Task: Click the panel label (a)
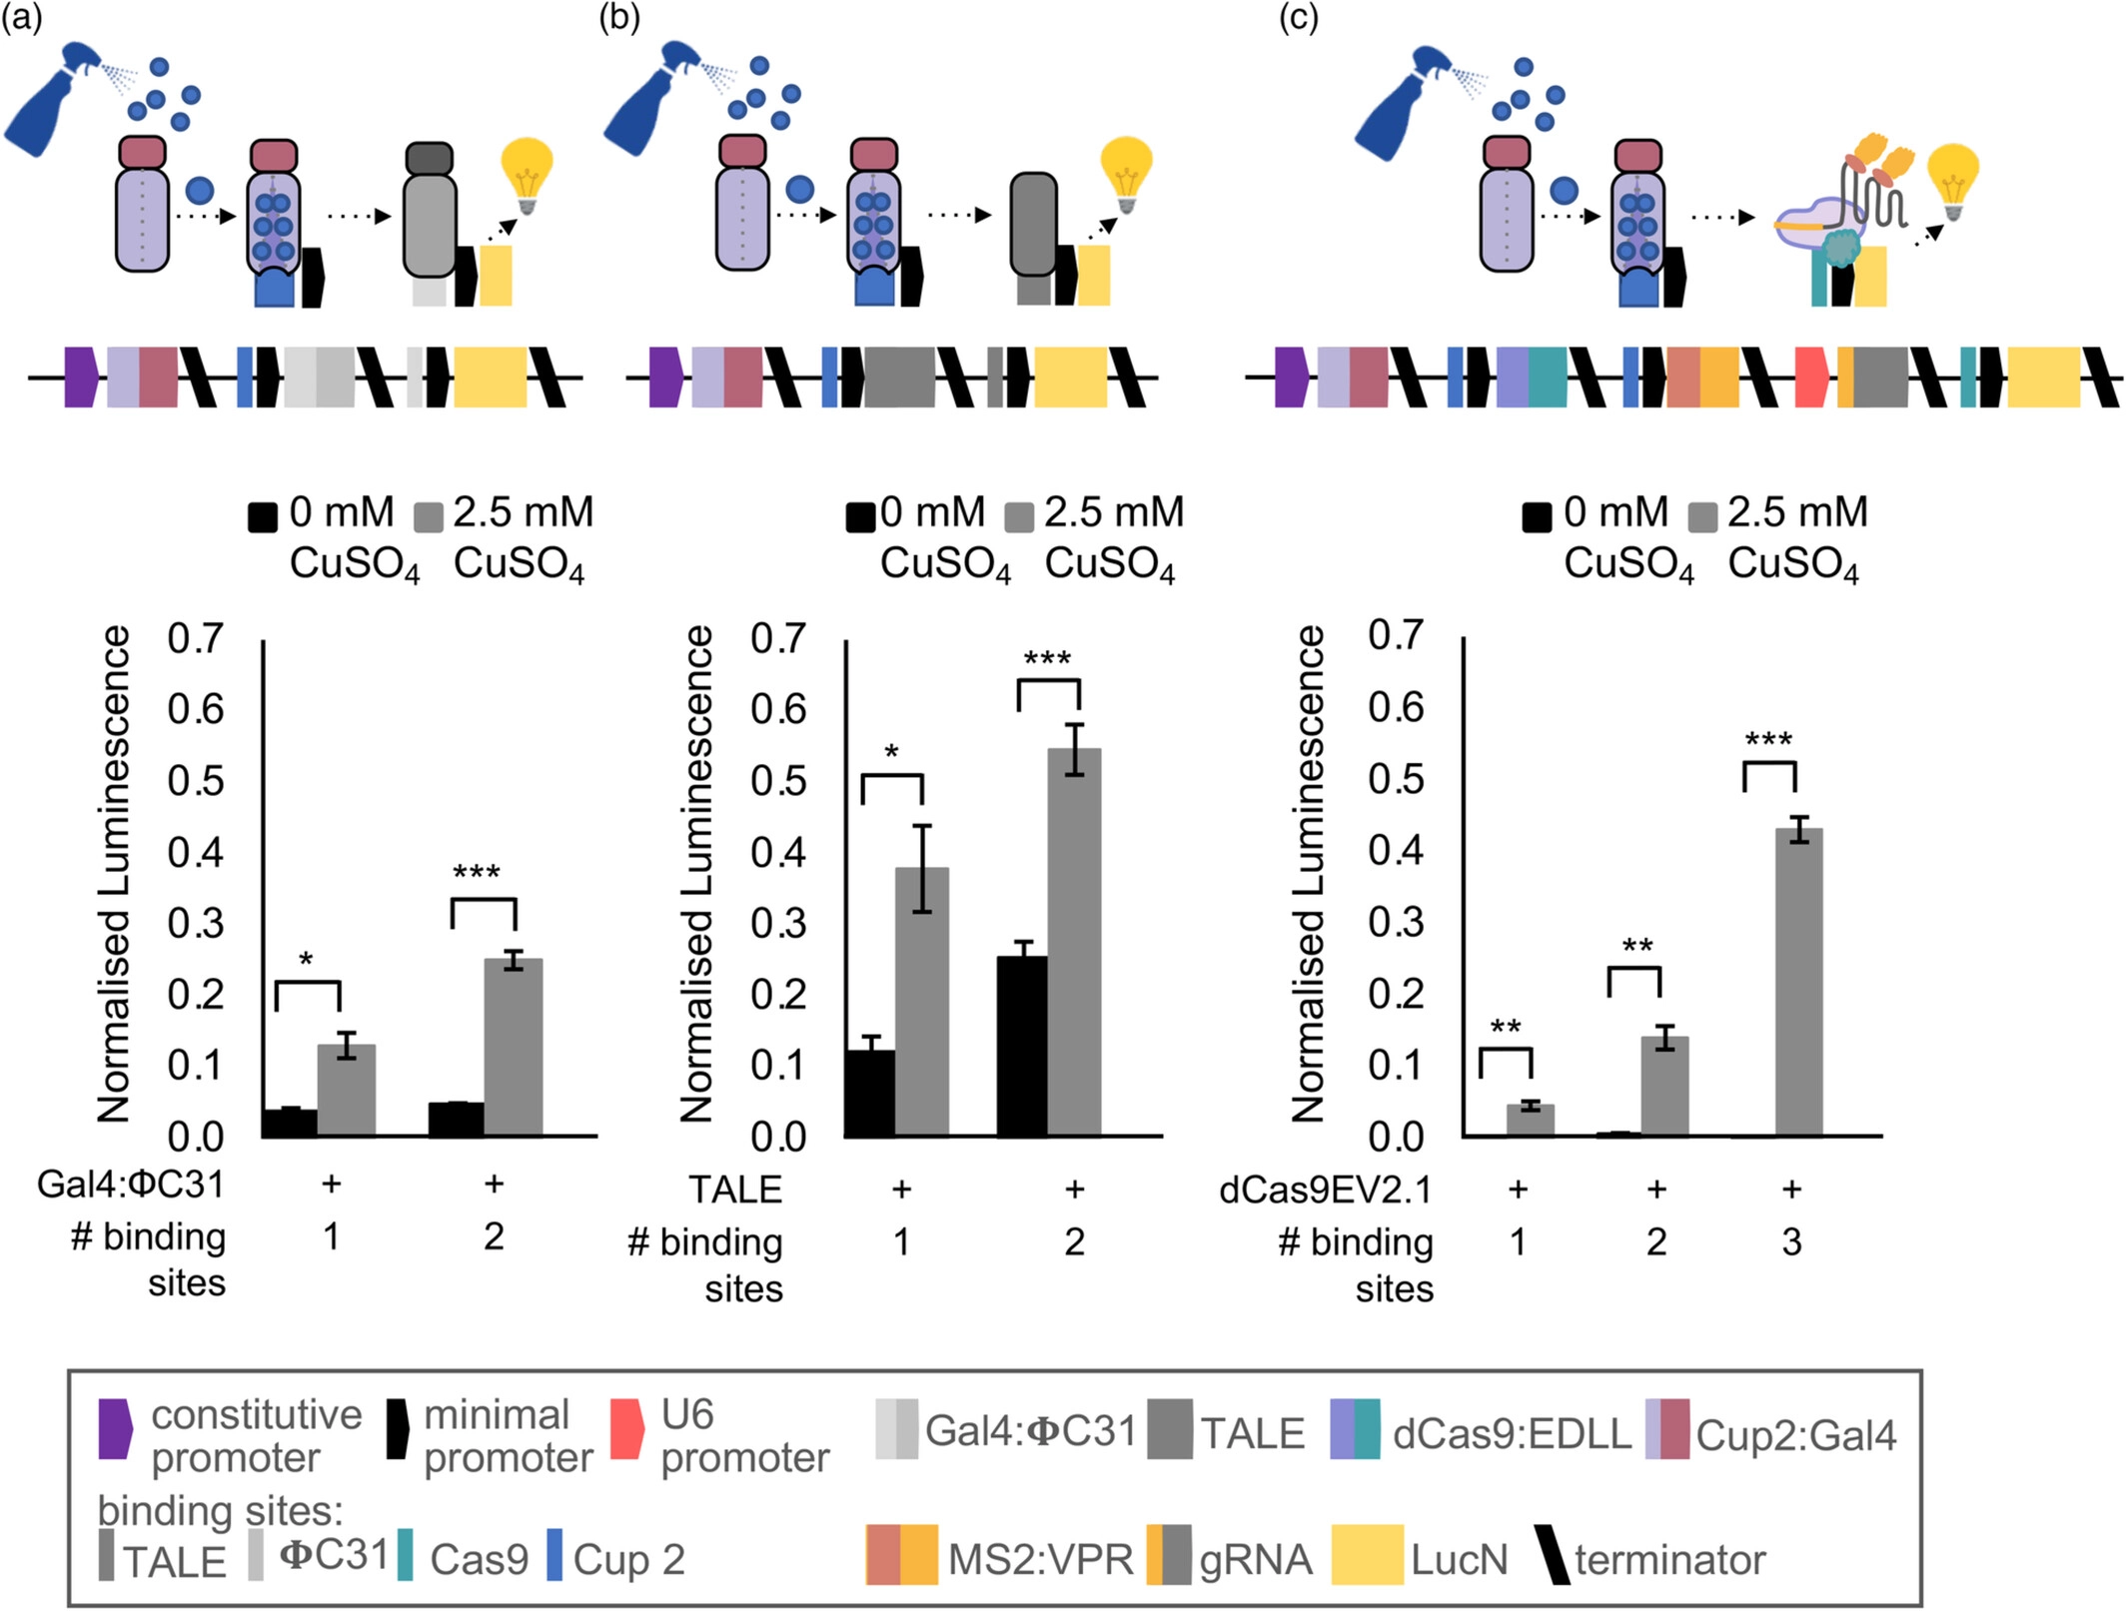22,18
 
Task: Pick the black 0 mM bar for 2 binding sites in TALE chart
1022,1046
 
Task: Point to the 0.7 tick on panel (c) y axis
1396,636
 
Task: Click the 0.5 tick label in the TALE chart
778,781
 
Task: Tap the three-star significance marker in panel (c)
1768,741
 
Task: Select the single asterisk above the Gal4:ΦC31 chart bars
306,961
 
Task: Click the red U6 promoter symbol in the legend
626,1429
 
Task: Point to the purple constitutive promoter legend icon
115,1429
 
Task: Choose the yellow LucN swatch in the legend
1367,1554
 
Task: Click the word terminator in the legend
1669,1559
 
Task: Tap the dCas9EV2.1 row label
1326,1191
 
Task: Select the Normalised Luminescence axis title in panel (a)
114,874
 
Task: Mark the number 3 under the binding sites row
1792,1242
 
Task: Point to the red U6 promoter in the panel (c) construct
1812,378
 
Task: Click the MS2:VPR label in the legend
1040,1559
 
